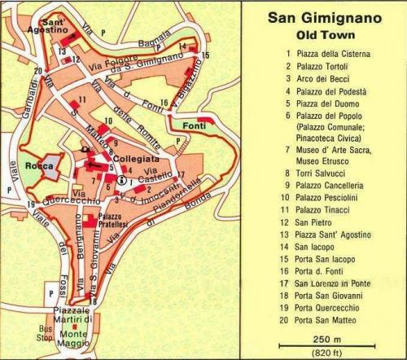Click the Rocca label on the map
click(39, 166)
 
